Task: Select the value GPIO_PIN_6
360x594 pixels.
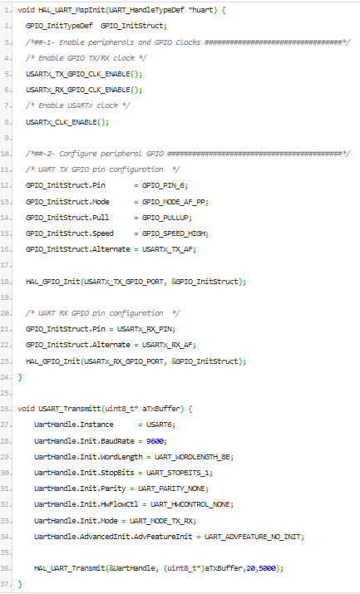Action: [164, 185]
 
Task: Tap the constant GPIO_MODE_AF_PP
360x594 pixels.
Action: [175, 202]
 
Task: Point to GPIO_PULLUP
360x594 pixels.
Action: [166, 218]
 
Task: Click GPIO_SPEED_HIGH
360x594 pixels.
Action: [175, 233]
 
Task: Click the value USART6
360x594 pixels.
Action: [160, 425]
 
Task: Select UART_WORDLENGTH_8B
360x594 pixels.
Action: [193, 457]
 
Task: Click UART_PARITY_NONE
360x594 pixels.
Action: [172, 489]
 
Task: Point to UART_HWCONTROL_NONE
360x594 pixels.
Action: [190, 505]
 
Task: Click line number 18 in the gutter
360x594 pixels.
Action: [6, 282]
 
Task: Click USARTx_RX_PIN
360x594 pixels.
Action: [145, 330]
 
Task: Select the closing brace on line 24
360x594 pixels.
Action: [20, 377]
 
